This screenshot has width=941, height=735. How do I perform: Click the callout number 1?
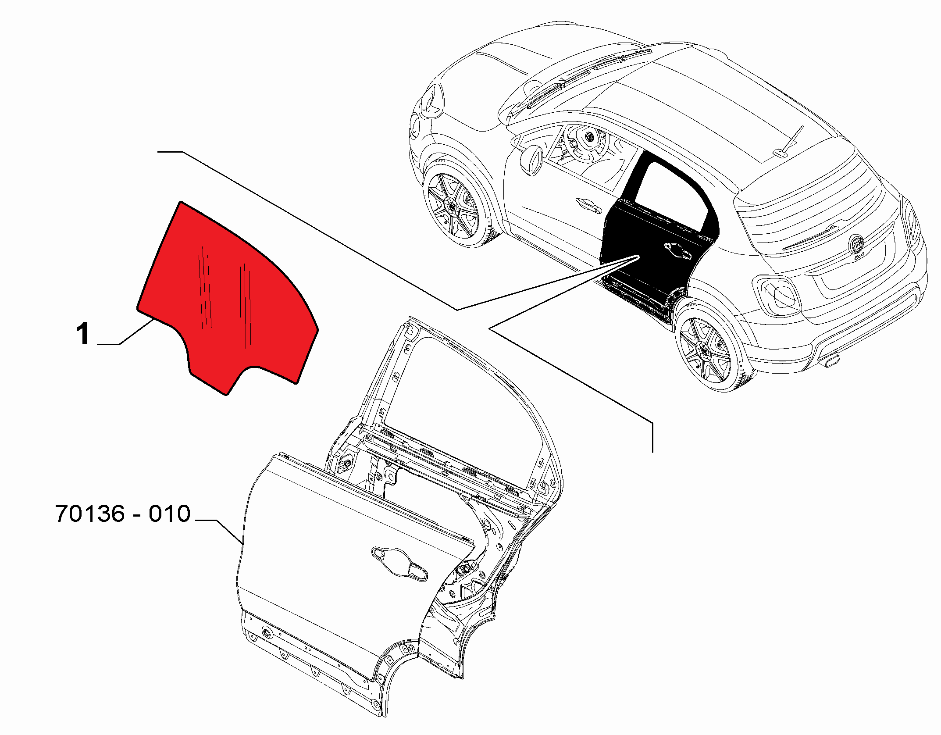(x=83, y=334)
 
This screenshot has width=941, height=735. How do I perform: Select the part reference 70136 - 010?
(x=123, y=514)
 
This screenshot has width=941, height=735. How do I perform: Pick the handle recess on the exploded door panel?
(x=399, y=564)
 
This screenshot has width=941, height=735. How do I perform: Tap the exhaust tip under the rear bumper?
(x=832, y=362)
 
